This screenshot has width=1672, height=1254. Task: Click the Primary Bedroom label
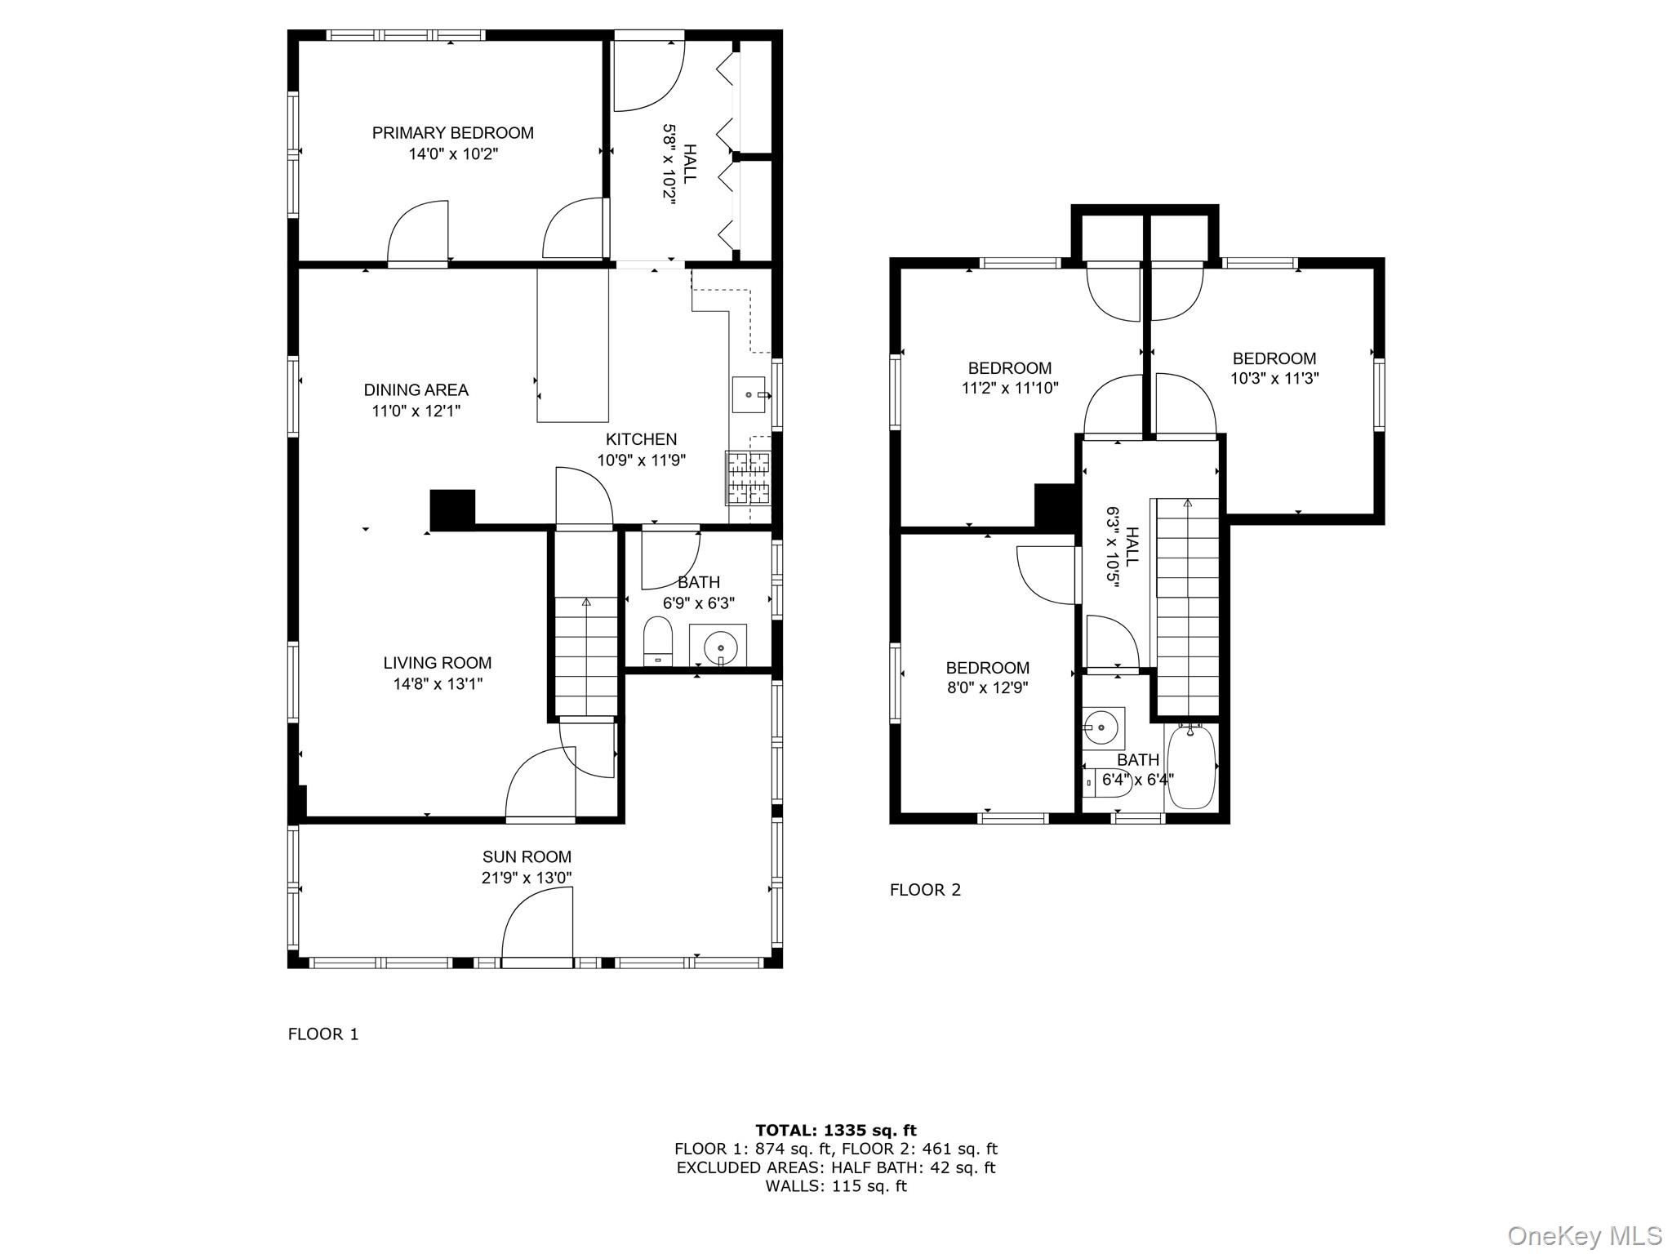click(x=452, y=133)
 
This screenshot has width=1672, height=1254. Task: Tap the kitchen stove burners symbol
click(x=748, y=478)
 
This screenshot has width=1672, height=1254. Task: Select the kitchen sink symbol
click(x=749, y=395)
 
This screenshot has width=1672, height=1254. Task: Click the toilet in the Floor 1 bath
click(x=657, y=642)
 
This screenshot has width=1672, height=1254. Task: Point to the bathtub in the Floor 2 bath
click(x=1191, y=767)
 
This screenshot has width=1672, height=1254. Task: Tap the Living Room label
click(x=438, y=663)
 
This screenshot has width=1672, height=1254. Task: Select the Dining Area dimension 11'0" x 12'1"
click(x=416, y=411)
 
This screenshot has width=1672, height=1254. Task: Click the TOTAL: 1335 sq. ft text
click(x=836, y=1131)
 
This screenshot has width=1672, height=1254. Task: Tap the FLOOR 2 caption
click(x=925, y=890)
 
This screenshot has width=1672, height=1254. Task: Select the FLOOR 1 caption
click(x=323, y=1034)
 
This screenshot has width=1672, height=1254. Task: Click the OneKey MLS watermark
click(x=1585, y=1235)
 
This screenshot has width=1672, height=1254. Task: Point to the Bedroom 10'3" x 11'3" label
click(x=1274, y=358)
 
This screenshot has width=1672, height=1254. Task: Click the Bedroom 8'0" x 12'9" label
click(x=987, y=668)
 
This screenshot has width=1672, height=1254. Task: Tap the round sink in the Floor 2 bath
click(x=1103, y=726)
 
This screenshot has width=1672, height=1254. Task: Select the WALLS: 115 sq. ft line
click(x=836, y=1186)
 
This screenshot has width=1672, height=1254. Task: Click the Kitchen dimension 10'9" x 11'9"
click(x=641, y=460)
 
